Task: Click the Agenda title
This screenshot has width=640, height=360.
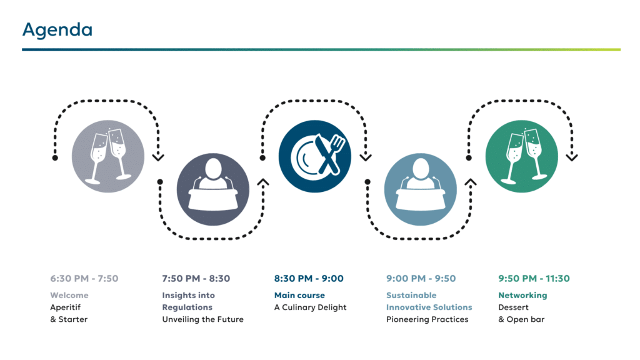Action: click(57, 30)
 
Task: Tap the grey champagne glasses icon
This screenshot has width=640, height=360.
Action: click(108, 156)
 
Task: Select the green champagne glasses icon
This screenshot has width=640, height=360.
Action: click(522, 156)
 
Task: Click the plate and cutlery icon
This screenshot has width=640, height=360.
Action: click(315, 156)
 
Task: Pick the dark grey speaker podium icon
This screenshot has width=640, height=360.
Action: click(213, 189)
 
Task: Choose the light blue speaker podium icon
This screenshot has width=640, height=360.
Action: click(421, 189)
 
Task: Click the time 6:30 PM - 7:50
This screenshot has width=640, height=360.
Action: click(84, 279)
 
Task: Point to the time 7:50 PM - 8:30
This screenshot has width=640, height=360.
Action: click(196, 279)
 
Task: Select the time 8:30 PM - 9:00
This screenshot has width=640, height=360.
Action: click(309, 279)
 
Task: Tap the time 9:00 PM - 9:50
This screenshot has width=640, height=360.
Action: click(421, 279)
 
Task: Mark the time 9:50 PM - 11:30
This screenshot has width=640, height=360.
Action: click(534, 279)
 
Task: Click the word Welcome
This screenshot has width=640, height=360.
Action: click(69, 295)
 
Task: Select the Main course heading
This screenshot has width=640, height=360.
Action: click(299, 295)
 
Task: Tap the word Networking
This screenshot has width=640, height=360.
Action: click(522, 296)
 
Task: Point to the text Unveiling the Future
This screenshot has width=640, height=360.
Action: click(203, 319)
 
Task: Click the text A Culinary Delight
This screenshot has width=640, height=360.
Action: click(310, 307)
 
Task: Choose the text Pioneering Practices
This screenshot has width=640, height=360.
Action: click(427, 319)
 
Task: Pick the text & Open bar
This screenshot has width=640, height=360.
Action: click(521, 319)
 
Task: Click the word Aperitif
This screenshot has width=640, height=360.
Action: click(65, 307)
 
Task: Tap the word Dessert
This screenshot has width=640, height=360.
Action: click(514, 307)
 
